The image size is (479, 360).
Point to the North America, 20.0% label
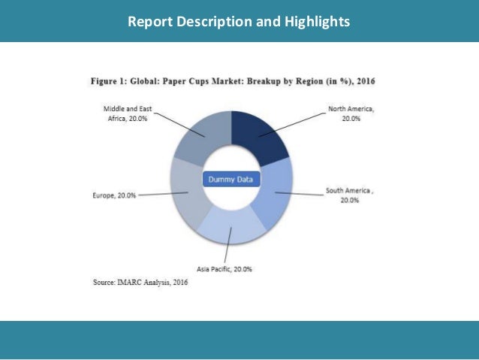351,113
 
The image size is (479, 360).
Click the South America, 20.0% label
350,195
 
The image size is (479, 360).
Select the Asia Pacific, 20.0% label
224,268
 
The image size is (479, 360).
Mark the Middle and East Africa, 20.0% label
126,113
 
